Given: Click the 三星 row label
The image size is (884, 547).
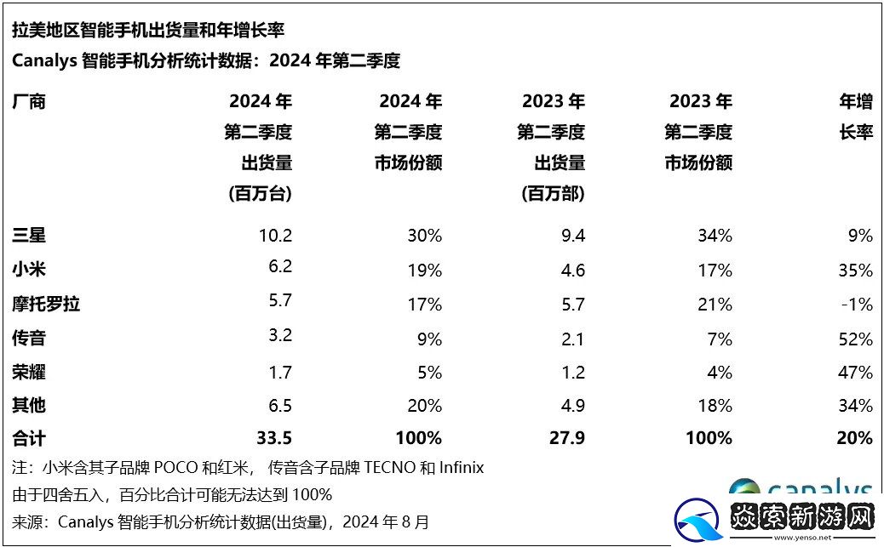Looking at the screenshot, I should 29,236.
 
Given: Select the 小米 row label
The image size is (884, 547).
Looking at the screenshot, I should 29,270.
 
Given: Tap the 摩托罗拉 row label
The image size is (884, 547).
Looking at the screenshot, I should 46,304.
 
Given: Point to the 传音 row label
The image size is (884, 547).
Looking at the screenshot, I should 29,338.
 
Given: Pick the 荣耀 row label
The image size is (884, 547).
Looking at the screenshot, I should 29,372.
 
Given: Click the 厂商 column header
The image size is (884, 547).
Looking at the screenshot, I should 29,102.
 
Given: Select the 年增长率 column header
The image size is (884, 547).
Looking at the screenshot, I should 856,117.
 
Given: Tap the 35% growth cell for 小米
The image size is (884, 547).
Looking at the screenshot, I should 854,271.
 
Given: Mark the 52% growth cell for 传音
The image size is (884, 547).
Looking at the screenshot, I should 854,339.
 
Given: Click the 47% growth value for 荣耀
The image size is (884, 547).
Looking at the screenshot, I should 854,373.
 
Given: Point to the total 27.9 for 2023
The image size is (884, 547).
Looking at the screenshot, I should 565,438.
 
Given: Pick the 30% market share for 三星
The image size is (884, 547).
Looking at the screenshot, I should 424,236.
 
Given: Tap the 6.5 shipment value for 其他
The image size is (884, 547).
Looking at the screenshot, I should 278,405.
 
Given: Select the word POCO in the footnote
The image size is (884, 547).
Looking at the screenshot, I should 175,467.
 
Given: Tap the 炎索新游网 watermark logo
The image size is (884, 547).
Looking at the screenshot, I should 775,518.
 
